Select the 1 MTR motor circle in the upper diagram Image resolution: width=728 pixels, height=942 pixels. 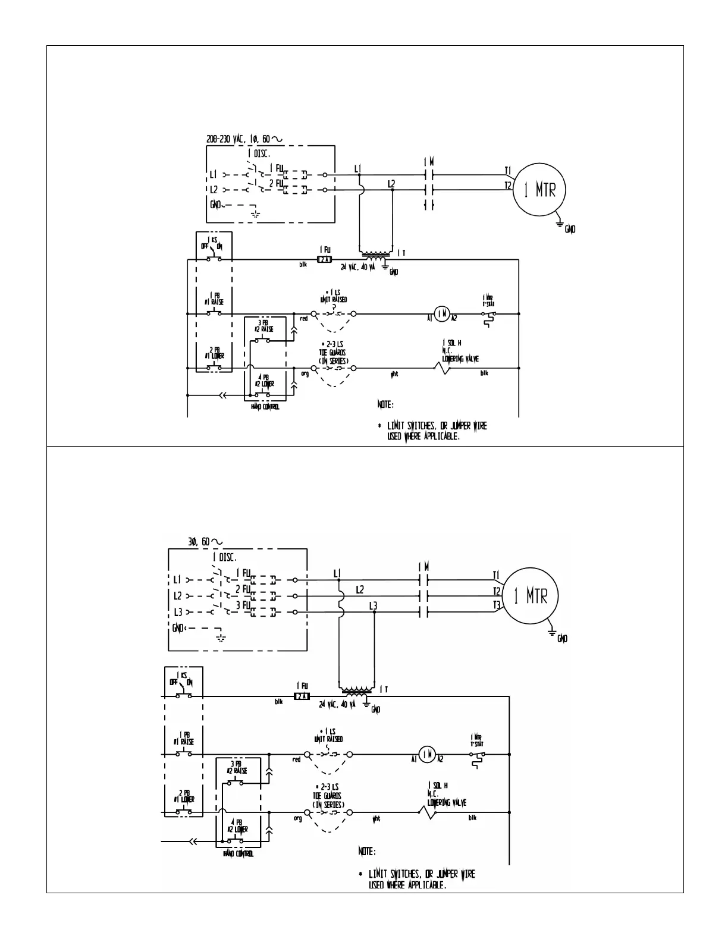539,190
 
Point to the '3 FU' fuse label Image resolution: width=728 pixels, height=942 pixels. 243,605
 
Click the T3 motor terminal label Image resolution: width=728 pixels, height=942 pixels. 497,605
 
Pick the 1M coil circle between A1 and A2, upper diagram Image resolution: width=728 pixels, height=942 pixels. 441,313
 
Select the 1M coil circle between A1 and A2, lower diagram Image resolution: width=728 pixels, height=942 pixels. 426,754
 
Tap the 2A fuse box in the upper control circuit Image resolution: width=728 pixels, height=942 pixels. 324,260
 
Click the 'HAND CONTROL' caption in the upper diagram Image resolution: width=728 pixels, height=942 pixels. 265,407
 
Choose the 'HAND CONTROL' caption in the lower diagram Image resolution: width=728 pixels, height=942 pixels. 238,854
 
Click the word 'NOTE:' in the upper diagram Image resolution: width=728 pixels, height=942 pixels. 385,405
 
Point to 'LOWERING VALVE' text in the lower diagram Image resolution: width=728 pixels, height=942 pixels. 447,803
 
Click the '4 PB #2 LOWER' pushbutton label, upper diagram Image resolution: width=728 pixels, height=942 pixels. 266,381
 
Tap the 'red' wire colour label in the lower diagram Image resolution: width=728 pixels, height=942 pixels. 296,759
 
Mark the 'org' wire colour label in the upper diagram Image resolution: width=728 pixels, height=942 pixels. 305,373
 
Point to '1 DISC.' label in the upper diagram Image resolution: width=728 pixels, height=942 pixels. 259,153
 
